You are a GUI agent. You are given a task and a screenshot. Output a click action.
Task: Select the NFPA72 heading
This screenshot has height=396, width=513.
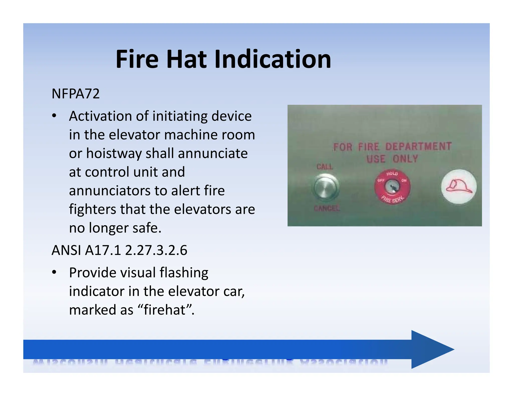click(x=75, y=94)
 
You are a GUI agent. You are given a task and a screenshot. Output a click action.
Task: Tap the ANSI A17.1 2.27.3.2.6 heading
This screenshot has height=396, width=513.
click(x=119, y=250)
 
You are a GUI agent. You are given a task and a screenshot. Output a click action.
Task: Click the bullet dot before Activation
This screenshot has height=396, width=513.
click(x=54, y=116)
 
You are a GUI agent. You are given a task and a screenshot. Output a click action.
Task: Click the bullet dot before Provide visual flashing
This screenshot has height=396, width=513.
click(x=54, y=272)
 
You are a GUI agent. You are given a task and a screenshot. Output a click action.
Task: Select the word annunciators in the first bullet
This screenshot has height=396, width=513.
click(x=109, y=190)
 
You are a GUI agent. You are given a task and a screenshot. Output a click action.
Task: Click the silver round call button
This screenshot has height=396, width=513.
click(x=325, y=187)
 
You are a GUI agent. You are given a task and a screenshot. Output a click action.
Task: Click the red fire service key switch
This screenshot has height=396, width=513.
click(x=392, y=187)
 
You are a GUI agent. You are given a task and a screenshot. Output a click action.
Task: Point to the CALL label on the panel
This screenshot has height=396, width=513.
click(x=324, y=166)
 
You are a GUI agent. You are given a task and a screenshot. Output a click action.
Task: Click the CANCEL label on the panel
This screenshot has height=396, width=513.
click(x=327, y=208)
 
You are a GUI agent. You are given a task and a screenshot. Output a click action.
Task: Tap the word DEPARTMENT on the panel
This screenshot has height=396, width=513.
click(x=418, y=146)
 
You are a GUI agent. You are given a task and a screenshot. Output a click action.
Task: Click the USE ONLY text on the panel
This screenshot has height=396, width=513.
click(x=392, y=159)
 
